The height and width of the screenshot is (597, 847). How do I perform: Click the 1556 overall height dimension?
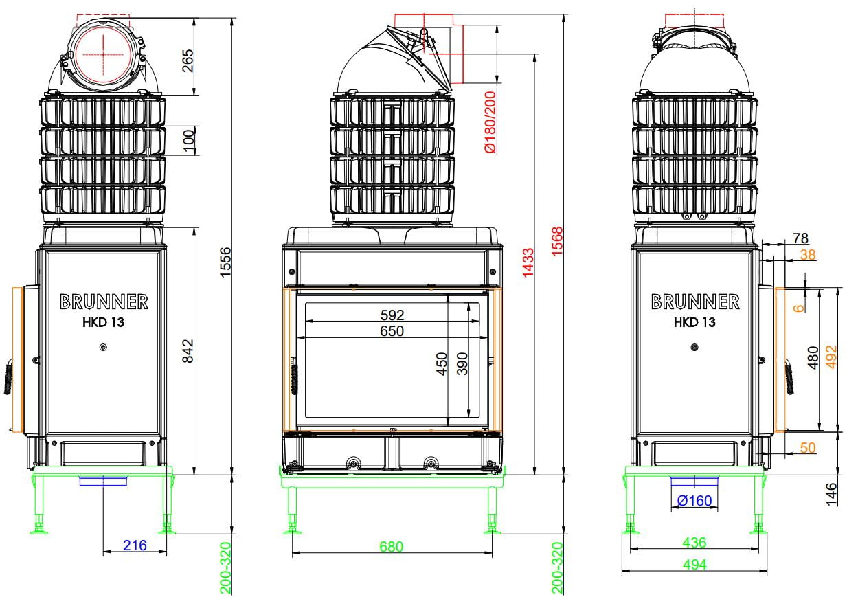[225, 262]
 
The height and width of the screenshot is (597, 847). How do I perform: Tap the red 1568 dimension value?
[557, 241]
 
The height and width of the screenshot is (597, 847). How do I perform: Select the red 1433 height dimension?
[528, 262]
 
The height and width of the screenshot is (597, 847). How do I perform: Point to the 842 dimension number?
[188, 350]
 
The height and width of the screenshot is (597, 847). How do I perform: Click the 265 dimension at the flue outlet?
[188, 60]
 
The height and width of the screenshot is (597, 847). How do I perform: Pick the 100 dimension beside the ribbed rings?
[188, 139]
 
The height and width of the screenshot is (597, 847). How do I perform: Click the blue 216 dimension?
[135, 545]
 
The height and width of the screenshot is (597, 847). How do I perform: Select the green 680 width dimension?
[391, 547]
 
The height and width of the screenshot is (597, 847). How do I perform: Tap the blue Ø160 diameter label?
[694, 501]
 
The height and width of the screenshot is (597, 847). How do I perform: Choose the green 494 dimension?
[694, 565]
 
